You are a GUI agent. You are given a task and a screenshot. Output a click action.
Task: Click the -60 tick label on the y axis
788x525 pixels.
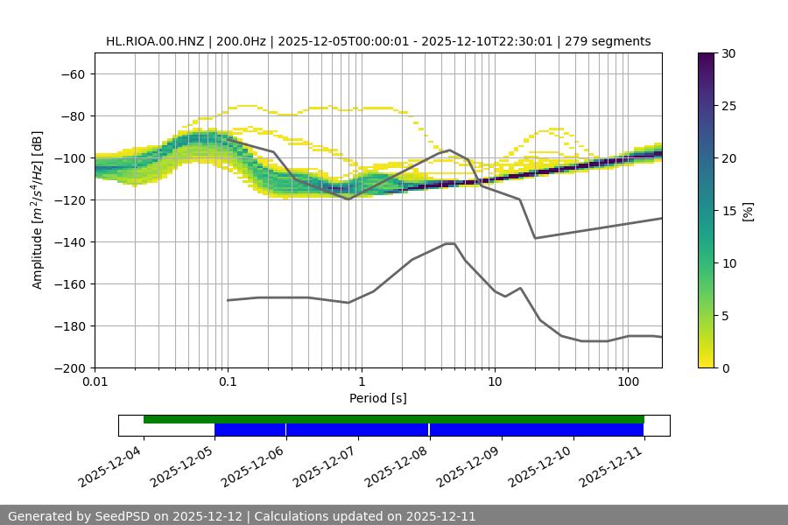pyautogui.click(x=73, y=74)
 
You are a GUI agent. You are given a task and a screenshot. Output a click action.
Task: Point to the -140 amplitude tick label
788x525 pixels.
pyautogui.click(x=70, y=242)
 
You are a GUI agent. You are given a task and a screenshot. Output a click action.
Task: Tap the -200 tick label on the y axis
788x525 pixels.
pyautogui.click(x=70, y=368)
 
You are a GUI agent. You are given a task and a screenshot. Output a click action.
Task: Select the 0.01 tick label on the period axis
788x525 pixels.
pyautogui.click(x=95, y=382)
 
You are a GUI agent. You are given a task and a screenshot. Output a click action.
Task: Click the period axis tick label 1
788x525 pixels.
pyautogui.click(x=361, y=382)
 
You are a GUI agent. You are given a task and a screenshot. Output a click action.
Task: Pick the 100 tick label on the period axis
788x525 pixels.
pyautogui.click(x=628, y=382)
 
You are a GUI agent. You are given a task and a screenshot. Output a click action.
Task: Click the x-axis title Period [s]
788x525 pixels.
pyautogui.click(x=377, y=398)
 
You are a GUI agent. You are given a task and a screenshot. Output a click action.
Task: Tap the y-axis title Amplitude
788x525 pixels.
pyautogui.click(x=38, y=210)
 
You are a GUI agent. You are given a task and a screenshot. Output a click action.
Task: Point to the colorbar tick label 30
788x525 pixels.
pyautogui.click(x=729, y=53)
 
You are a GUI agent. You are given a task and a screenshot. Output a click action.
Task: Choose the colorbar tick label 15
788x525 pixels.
pyautogui.click(x=729, y=211)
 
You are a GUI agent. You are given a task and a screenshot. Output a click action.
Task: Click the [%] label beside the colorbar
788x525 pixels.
pyautogui.click(x=748, y=211)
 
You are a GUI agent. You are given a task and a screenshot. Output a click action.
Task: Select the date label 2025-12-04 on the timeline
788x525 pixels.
pyautogui.click(x=111, y=467)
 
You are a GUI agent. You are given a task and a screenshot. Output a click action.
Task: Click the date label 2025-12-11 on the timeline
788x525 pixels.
pyautogui.click(x=612, y=467)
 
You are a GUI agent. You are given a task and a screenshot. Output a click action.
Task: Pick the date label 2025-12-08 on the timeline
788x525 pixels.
pyautogui.click(x=398, y=467)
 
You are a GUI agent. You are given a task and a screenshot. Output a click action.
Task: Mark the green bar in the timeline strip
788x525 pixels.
pyautogui.click(x=394, y=419)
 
